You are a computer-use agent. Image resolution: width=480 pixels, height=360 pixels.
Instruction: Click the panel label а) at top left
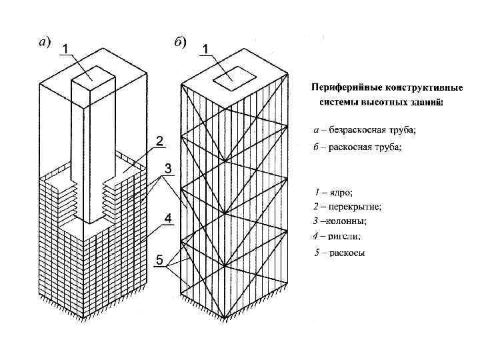tap(42, 41)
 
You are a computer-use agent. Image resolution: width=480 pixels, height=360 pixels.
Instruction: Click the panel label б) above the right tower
tap(181, 41)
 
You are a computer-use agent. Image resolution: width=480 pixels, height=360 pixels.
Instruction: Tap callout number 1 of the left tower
tap(67, 47)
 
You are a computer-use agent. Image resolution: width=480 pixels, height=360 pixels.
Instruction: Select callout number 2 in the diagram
tap(160, 140)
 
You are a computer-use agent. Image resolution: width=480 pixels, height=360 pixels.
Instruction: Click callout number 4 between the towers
tap(168, 218)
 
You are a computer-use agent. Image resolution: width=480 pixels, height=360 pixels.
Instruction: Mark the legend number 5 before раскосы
tap(317, 252)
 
